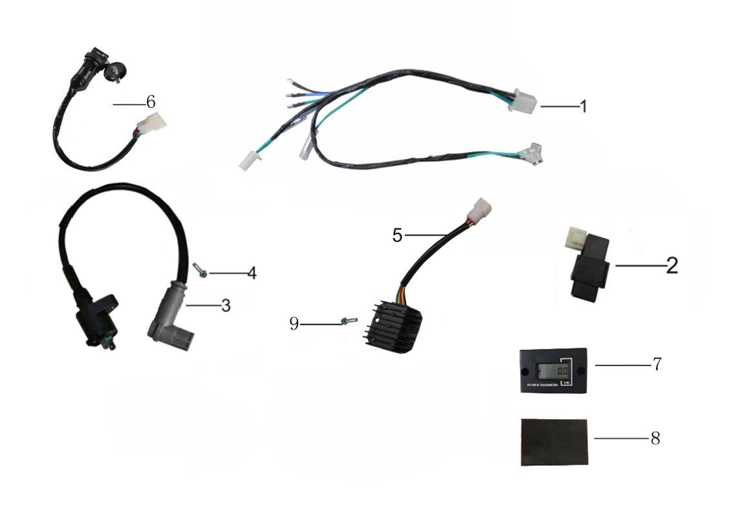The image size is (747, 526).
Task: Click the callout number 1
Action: click(583, 106)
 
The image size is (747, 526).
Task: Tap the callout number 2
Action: click(672, 265)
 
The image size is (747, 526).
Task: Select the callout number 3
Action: click(225, 305)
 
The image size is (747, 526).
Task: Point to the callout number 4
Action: click(252, 273)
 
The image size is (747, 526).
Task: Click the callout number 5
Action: click(397, 234)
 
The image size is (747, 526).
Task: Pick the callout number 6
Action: click(150, 102)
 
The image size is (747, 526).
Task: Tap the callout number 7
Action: click(656, 364)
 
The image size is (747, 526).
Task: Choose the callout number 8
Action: click(655, 438)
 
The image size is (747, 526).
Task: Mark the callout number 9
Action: click(294, 323)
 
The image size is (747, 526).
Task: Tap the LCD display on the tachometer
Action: click(550, 371)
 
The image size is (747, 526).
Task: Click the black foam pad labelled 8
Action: click(555, 443)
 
